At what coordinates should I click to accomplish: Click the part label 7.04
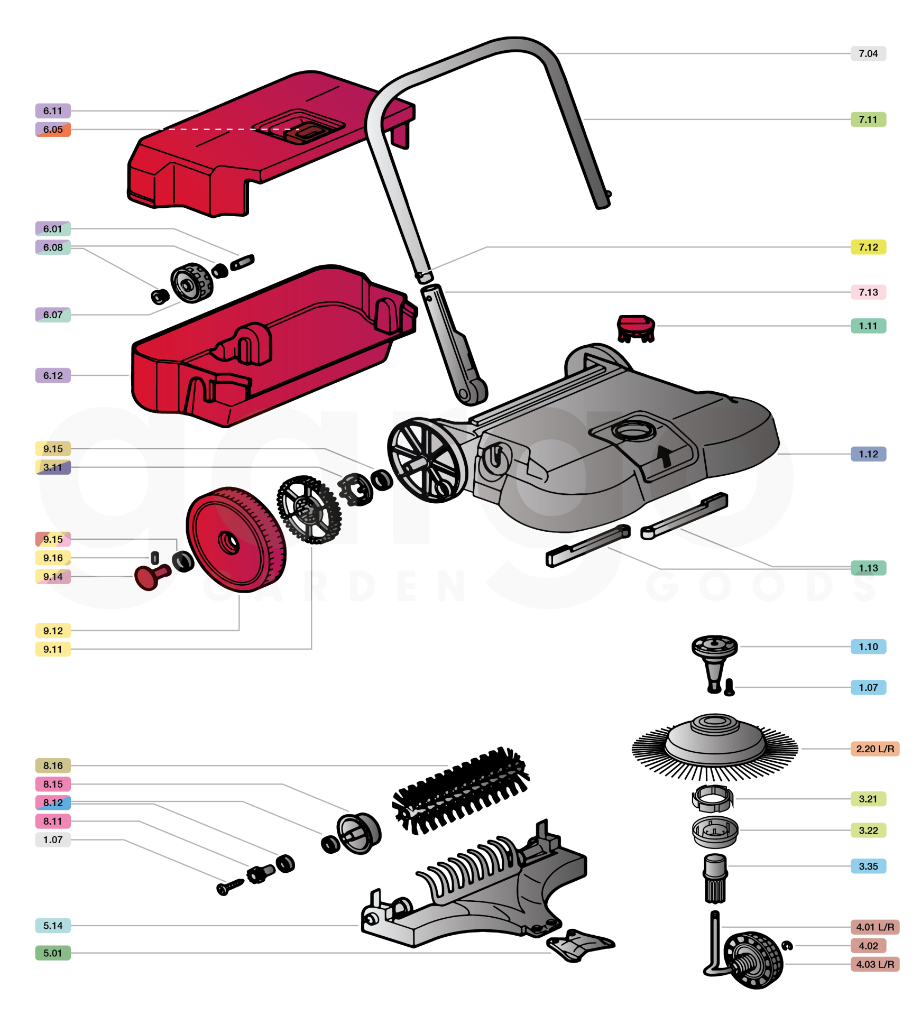[x=868, y=53]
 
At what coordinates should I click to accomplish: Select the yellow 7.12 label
[x=868, y=247]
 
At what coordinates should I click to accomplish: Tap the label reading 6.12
[x=53, y=375]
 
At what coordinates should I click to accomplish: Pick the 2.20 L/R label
[x=875, y=749]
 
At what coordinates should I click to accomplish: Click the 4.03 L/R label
[x=875, y=964]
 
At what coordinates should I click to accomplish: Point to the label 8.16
[x=53, y=765]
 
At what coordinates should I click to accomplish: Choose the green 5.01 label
[x=53, y=953]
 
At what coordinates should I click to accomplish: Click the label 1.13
[x=868, y=568]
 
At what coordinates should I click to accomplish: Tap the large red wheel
[x=236, y=539]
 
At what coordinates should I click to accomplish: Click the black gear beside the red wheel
[x=309, y=509]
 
